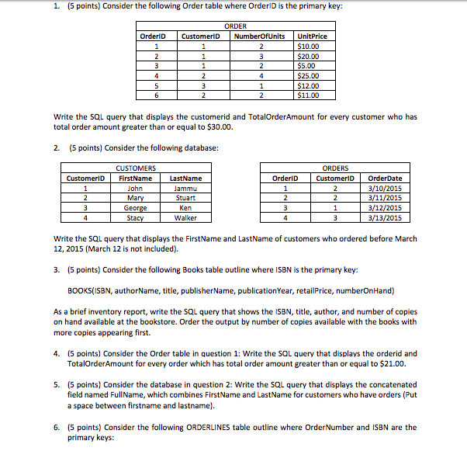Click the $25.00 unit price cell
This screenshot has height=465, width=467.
[x=309, y=76]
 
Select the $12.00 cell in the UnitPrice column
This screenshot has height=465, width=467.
[x=309, y=86]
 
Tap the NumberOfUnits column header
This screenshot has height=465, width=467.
[x=259, y=36]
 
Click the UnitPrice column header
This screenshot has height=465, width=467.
[x=312, y=36]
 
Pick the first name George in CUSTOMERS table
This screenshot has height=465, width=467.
[x=135, y=208]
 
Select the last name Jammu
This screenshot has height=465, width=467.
[x=185, y=188]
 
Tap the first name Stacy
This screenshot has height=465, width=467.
[x=135, y=218]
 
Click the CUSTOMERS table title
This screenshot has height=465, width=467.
[x=135, y=168]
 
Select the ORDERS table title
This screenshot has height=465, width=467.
[x=334, y=168]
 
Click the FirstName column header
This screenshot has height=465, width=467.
[x=135, y=178]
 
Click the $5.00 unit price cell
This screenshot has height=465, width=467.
[x=307, y=66]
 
